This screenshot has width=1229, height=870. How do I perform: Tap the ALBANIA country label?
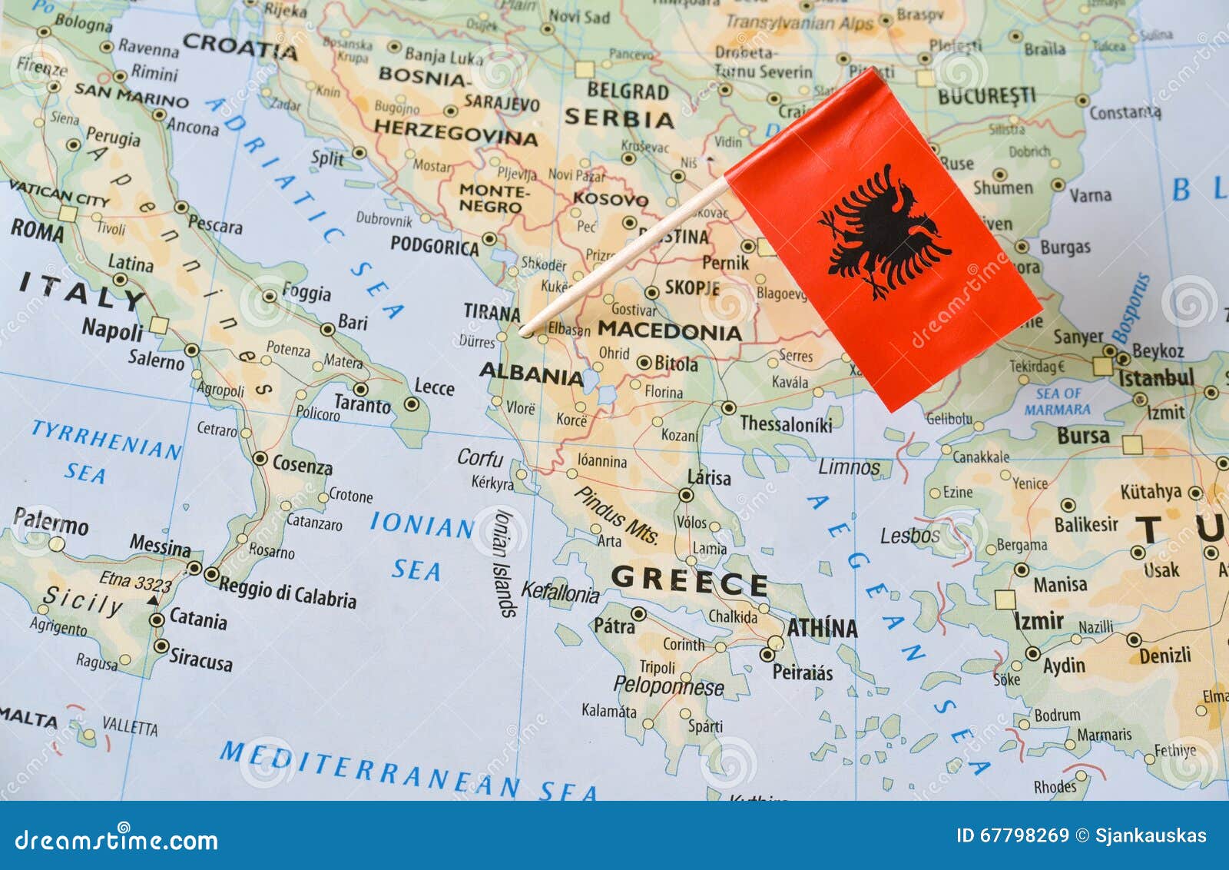[532, 374]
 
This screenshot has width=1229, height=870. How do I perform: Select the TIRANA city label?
[492, 312]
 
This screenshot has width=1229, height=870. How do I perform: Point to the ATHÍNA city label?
[821, 628]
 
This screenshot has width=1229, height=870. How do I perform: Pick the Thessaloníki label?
[786, 423]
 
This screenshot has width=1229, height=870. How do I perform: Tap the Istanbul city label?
[1156, 378]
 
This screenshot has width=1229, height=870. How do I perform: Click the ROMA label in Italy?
[37, 230]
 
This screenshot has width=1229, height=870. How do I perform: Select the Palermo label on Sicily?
[51, 522]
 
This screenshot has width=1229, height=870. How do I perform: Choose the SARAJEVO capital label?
[501, 102]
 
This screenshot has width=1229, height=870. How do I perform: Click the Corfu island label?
[480, 458]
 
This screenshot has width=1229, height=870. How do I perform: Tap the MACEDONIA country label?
[669, 331]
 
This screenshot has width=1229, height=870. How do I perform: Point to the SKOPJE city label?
[692, 287]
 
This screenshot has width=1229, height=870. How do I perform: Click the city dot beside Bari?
[328, 329]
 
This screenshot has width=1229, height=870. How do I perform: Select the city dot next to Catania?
[157, 619]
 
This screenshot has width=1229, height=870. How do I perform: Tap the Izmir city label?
[1039, 620]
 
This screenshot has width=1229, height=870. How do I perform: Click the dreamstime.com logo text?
[117, 841]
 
